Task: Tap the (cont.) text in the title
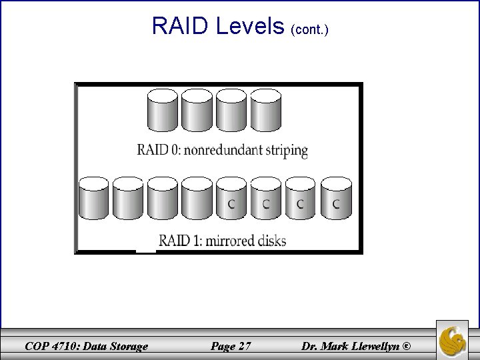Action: tap(309, 29)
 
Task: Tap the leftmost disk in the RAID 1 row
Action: tap(93, 198)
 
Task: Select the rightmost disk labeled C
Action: tap(335, 198)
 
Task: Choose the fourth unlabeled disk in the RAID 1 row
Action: tap(197, 198)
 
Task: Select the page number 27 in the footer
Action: tap(244, 346)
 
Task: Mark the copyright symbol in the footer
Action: tap(407, 346)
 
